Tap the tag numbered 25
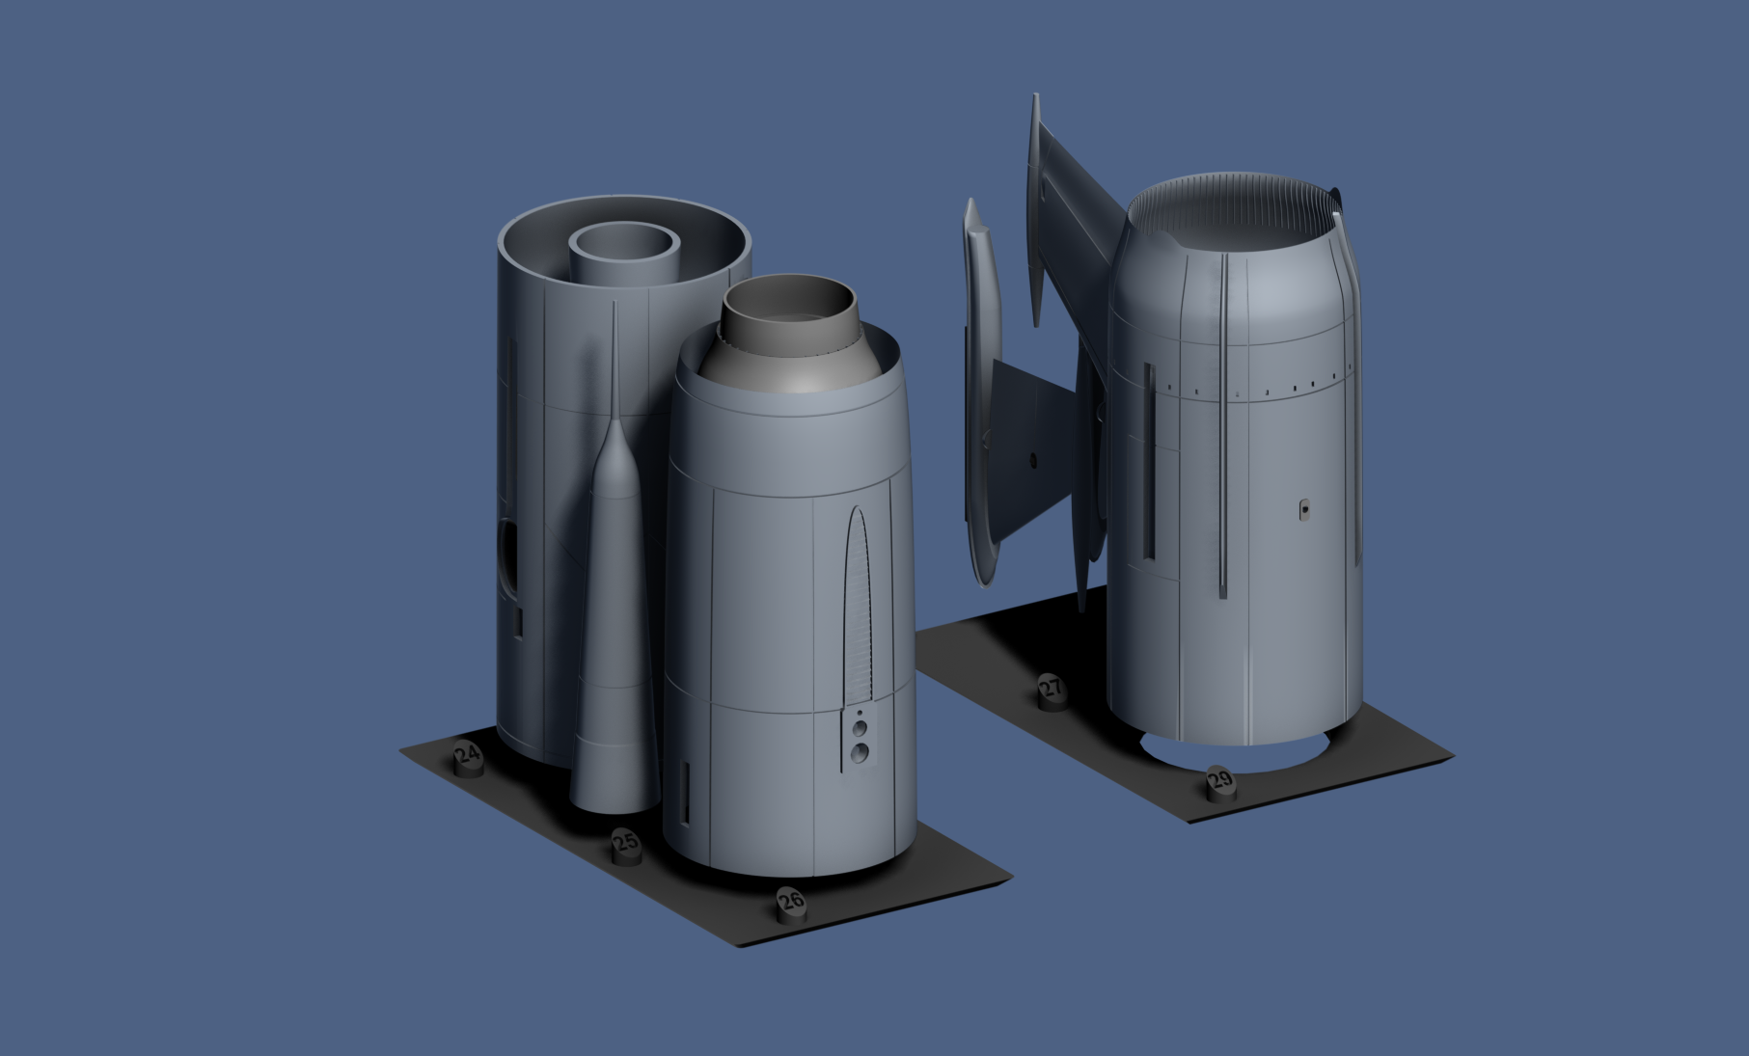(x=626, y=845)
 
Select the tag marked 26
(x=791, y=903)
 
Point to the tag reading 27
(x=1051, y=690)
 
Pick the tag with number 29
(x=1220, y=781)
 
